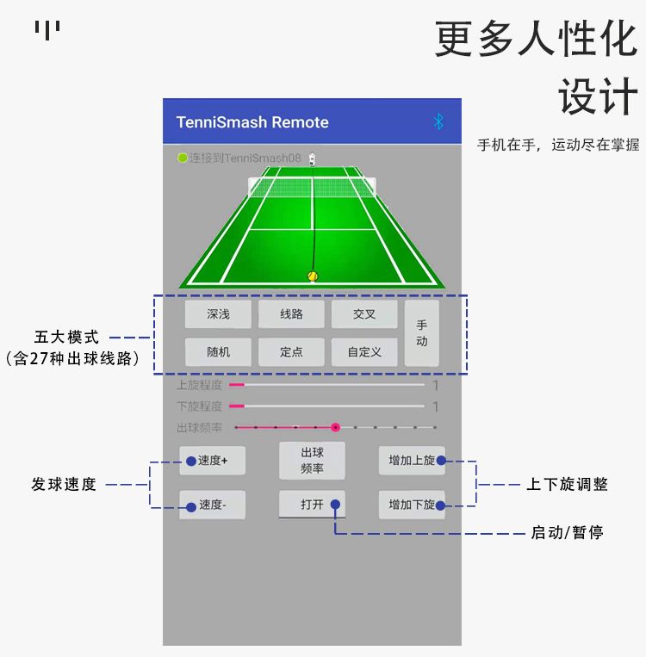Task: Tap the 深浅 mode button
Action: pos(218,314)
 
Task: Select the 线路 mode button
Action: pos(291,314)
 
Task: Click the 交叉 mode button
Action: pos(364,314)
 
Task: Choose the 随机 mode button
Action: pos(218,352)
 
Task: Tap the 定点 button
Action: pos(291,352)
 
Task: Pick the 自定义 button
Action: pos(364,352)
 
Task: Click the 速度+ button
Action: pos(212,461)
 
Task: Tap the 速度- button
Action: pos(212,505)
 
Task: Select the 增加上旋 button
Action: pos(412,461)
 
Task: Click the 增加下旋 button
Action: pos(412,505)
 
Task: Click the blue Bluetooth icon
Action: pos(438,121)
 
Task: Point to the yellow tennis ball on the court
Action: pos(313,276)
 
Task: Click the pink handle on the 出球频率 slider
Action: pos(335,427)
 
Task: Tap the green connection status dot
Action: pos(183,158)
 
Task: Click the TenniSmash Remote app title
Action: pos(252,122)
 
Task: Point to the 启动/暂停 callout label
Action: pos(567,533)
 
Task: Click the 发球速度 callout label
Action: pos(64,485)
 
